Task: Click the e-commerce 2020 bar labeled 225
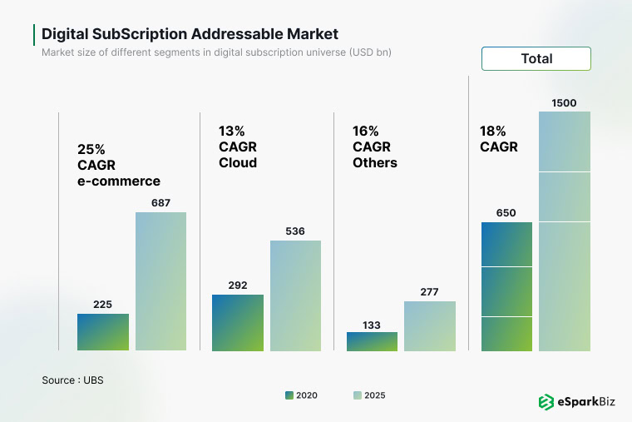coord(103,332)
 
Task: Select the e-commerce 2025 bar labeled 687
coord(160,281)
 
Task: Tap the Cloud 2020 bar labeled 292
coord(238,322)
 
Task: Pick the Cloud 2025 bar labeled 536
coord(295,295)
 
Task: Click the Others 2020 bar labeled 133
coord(372,341)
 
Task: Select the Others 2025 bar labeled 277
coord(430,325)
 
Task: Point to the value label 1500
coord(564,103)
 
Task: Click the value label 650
coord(506,213)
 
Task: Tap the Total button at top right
coord(536,58)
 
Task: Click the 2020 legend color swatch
coord(289,395)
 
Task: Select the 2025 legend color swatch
coord(357,395)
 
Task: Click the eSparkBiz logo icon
coord(546,402)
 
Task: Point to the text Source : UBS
coord(72,380)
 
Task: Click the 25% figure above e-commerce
coord(91,149)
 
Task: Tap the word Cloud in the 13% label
coord(238,162)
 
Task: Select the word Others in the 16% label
coord(374,162)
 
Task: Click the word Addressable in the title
coord(238,34)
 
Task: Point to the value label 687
coord(160,203)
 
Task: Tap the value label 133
coord(372,325)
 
